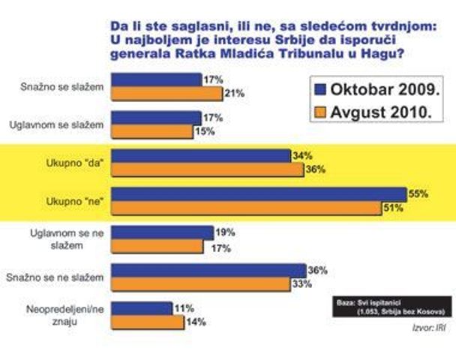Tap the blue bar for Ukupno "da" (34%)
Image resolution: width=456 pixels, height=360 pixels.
coord(200,156)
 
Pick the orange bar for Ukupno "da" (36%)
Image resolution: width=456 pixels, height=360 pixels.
coord(207,169)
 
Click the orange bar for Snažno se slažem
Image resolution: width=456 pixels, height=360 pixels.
coord(166,93)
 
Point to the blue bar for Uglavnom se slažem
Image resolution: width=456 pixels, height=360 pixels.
coord(156,117)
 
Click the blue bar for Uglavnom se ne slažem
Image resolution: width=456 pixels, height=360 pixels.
coord(163,232)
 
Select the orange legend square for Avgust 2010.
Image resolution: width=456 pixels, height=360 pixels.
coord(317,113)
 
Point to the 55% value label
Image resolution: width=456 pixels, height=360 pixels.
coord(417,193)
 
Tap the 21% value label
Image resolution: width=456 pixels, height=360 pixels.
coord(235,93)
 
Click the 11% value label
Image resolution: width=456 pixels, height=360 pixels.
coord(184,308)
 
